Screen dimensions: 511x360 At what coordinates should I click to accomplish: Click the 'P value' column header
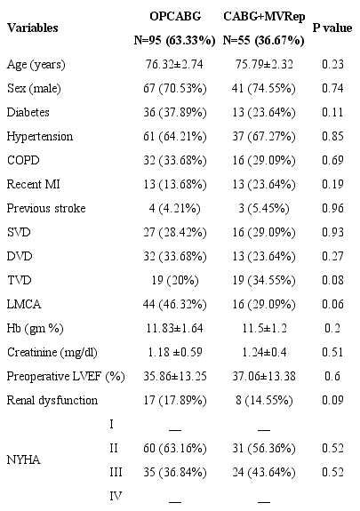(x=332, y=28)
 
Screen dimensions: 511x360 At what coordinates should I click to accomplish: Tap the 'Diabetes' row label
(x=29, y=114)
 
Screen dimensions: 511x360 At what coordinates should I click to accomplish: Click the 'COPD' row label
(x=23, y=160)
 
